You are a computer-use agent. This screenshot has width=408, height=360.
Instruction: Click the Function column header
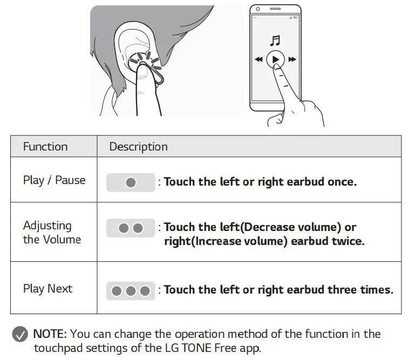tap(45, 146)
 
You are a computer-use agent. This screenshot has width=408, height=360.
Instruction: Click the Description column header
tap(138, 146)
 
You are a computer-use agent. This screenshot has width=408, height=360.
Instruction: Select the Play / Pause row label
tap(54, 180)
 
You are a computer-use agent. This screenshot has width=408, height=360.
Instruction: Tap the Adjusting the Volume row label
tap(51, 233)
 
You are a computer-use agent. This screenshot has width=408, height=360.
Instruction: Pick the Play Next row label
tap(47, 289)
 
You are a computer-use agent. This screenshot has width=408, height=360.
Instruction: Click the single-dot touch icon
tap(131, 182)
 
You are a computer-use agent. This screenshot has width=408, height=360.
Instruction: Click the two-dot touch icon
tap(131, 228)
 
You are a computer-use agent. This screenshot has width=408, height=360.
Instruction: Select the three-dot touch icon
tap(131, 291)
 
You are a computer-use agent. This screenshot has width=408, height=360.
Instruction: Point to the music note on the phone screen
tap(275, 41)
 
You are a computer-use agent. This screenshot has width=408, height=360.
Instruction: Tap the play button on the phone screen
tap(275, 59)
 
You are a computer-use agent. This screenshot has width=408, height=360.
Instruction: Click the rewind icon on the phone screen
tap(259, 59)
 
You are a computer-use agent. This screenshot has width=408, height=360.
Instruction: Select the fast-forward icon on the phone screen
tap(292, 59)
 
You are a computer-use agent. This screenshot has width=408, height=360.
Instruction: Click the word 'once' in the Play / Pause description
tap(341, 182)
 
